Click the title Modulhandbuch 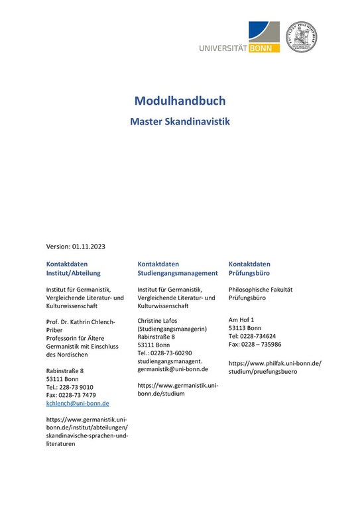(x=180, y=101)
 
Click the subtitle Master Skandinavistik (x=180, y=123)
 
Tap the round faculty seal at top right (x=301, y=37)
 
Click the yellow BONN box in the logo (x=265, y=47)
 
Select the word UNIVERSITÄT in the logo (x=223, y=48)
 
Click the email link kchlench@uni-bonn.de (x=78, y=403)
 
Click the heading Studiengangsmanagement (x=178, y=273)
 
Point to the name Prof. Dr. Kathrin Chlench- (x=80, y=321)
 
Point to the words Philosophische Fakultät (x=261, y=290)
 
